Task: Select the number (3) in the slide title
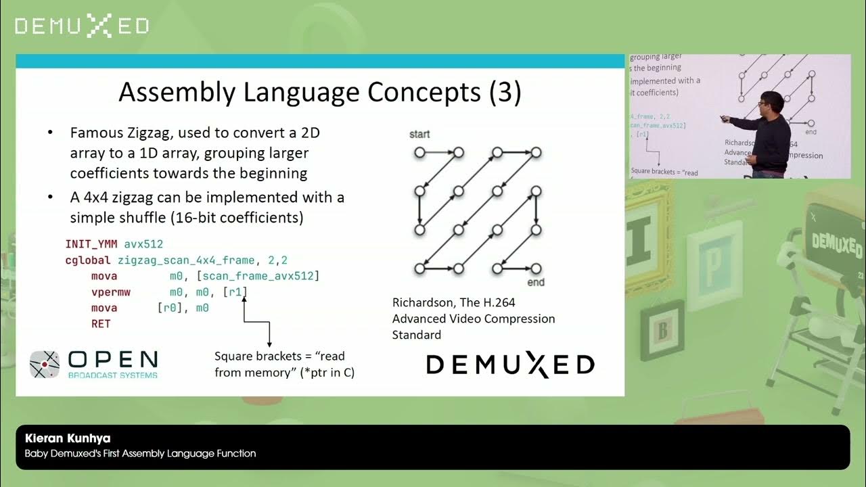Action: pyautogui.click(x=505, y=93)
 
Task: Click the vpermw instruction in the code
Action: pyautogui.click(x=110, y=292)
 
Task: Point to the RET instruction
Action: pyautogui.click(x=101, y=324)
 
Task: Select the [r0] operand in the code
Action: pyautogui.click(x=170, y=308)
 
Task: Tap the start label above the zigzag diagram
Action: pyautogui.click(x=419, y=135)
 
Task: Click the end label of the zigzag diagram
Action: pyautogui.click(x=536, y=281)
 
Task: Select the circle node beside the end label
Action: pyautogui.click(x=536, y=269)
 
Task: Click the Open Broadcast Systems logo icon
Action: pyautogui.click(x=45, y=365)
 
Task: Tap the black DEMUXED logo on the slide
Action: pyautogui.click(x=510, y=365)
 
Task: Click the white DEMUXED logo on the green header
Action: pyautogui.click(x=82, y=26)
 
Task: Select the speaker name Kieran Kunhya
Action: pyautogui.click(x=68, y=438)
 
